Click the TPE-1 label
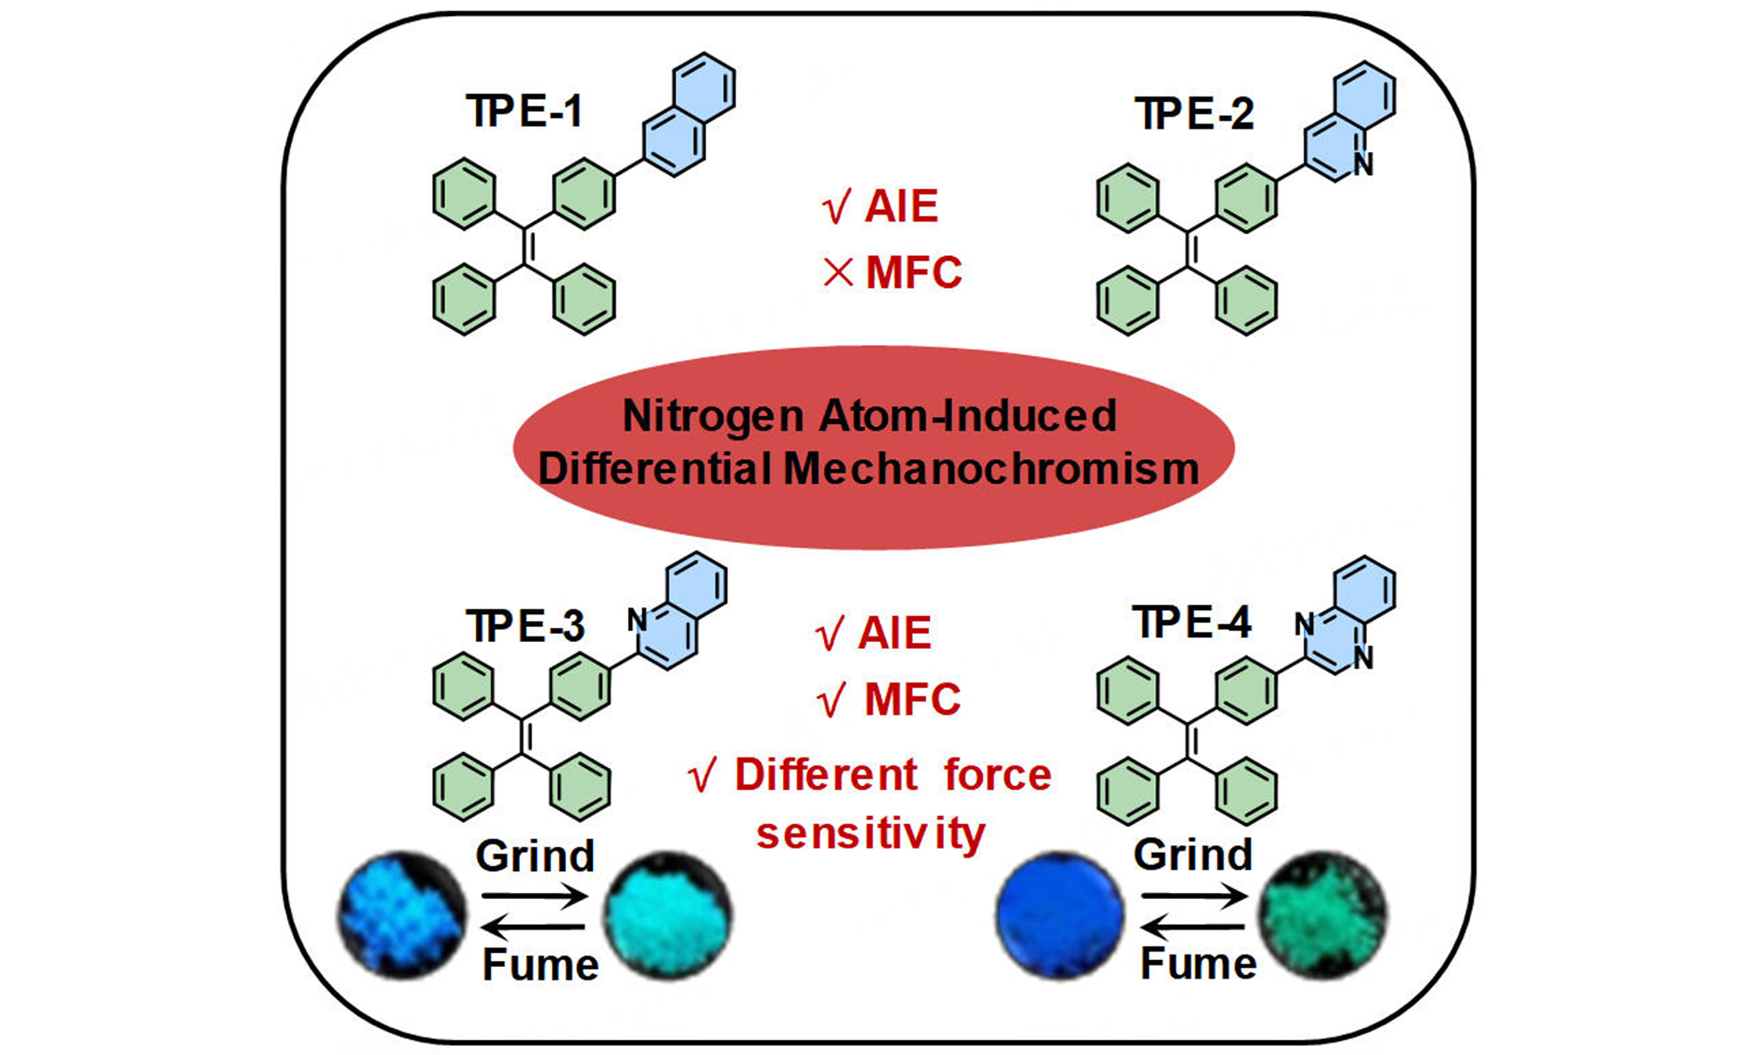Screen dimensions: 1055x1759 [x=525, y=112]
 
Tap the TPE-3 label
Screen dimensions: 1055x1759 [x=525, y=626]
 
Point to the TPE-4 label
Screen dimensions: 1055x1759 [x=1192, y=623]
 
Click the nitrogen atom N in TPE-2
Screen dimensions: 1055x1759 [x=1363, y=164]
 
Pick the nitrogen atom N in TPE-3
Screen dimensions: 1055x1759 [x=637, y=621]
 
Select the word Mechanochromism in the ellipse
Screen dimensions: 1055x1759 [x=991, y=469]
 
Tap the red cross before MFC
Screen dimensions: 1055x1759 [x=838, y=273]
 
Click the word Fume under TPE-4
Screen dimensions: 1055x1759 [x=1198, y=964]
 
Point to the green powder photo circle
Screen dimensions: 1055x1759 [x=1323, y=916]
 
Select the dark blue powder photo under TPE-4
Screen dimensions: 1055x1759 [x=1060, y=916]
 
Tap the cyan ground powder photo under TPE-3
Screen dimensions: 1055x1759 [x=667, y=916]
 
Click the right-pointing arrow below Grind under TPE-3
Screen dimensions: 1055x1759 [x=535, y=896]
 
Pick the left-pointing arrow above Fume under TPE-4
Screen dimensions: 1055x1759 [x=1193, y=927]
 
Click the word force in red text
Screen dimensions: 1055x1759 [x=998, y=774]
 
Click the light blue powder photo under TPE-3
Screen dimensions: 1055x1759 [x=403, y=916]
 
